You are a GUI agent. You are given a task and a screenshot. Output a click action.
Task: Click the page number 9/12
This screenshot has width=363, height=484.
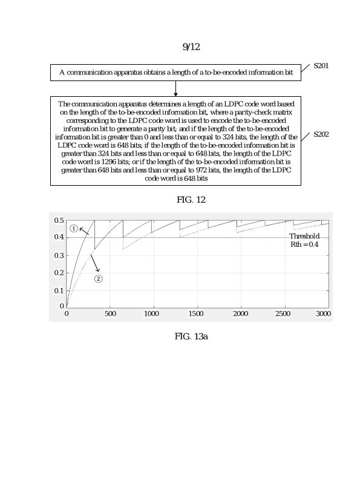click(191, 47)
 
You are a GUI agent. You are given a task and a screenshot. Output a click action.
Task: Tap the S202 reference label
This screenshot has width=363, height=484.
click(321, 134)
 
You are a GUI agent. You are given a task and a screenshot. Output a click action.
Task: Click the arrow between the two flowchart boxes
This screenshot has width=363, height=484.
click(175, 88)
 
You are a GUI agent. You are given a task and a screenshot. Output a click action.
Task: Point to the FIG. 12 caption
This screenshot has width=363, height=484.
click(191, 200)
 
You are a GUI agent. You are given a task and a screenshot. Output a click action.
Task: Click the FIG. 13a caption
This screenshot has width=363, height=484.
click(191, 336)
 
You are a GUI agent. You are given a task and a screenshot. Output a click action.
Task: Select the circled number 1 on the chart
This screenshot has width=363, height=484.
click(74, 229)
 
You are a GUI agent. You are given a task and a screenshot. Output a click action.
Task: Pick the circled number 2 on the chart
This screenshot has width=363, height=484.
click(98, 278)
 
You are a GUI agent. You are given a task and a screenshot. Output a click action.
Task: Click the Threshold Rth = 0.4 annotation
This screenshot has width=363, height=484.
click(304, 240)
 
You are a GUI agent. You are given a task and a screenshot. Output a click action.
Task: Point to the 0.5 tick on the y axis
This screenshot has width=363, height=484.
click(59, 220)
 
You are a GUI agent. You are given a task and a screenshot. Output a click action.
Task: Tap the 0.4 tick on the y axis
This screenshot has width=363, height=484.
click(59, 237)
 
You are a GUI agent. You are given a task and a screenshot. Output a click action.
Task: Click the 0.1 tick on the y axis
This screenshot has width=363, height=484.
click(59, 290)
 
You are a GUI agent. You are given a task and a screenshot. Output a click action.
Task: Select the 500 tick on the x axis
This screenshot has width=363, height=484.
click(110, 314)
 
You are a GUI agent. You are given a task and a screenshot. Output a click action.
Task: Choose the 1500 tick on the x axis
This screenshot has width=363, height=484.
click(196, 314)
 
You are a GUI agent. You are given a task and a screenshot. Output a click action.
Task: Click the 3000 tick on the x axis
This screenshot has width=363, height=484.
click(323, 314)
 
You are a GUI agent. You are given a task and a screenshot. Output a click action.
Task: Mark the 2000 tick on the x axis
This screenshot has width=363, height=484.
click(240, 314)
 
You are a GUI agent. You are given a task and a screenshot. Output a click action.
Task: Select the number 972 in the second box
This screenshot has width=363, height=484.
click(186, 171)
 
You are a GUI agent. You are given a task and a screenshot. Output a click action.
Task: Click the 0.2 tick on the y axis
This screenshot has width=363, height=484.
click(59, 273)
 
